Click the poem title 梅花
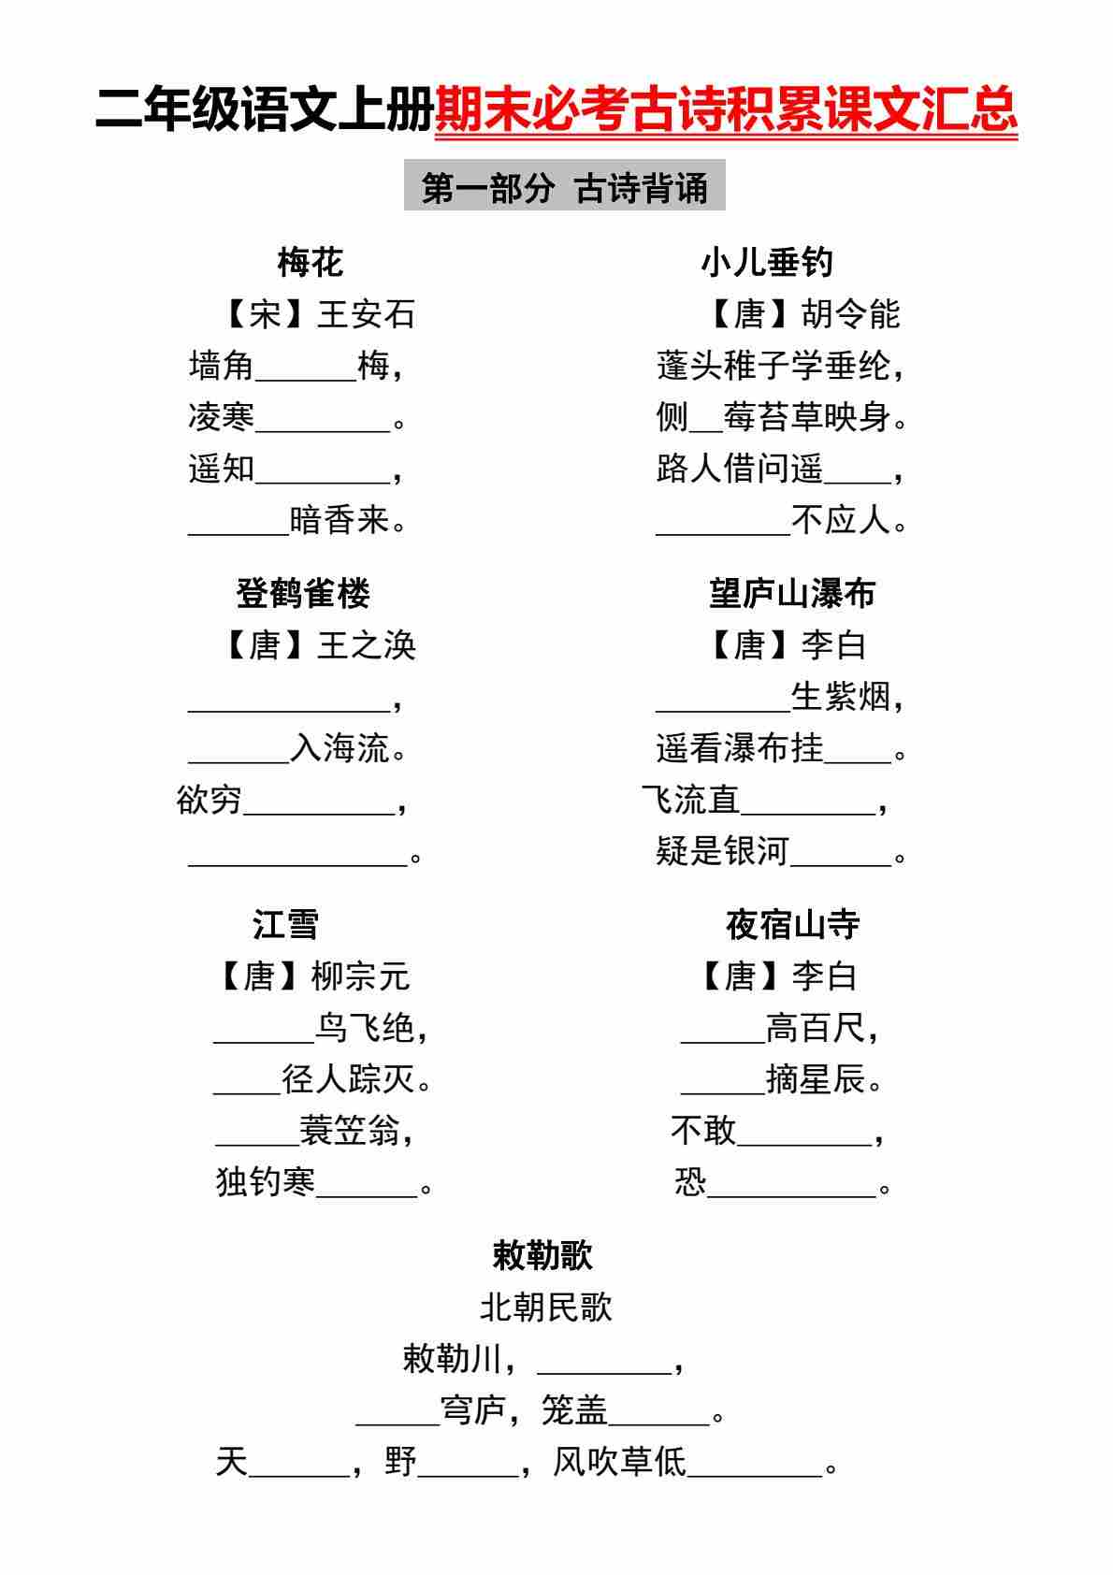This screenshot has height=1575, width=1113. [x=311, y=263]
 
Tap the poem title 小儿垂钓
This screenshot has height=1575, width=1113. [x=767, y=263]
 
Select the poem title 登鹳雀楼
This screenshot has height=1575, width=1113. [x=303, y=594]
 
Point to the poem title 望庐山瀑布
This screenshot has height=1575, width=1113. [x=792, y=594]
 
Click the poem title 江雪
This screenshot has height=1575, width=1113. [x=285, y=925]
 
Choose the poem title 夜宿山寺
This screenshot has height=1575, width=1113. [x=792, y=925]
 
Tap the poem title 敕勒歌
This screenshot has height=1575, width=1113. [x=542, y=1256]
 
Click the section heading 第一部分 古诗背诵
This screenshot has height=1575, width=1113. [x=564, y=188]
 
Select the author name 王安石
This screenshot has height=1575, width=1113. [x=366, y=314]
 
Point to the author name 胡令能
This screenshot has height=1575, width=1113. [x=850, y=314]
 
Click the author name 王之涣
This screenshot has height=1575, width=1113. [x=366, y=645]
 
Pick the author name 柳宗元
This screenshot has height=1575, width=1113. [x=360, y=976]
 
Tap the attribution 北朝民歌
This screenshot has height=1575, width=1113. [x=545, y=1308]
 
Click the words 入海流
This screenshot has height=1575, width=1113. [x=340, y=748]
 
